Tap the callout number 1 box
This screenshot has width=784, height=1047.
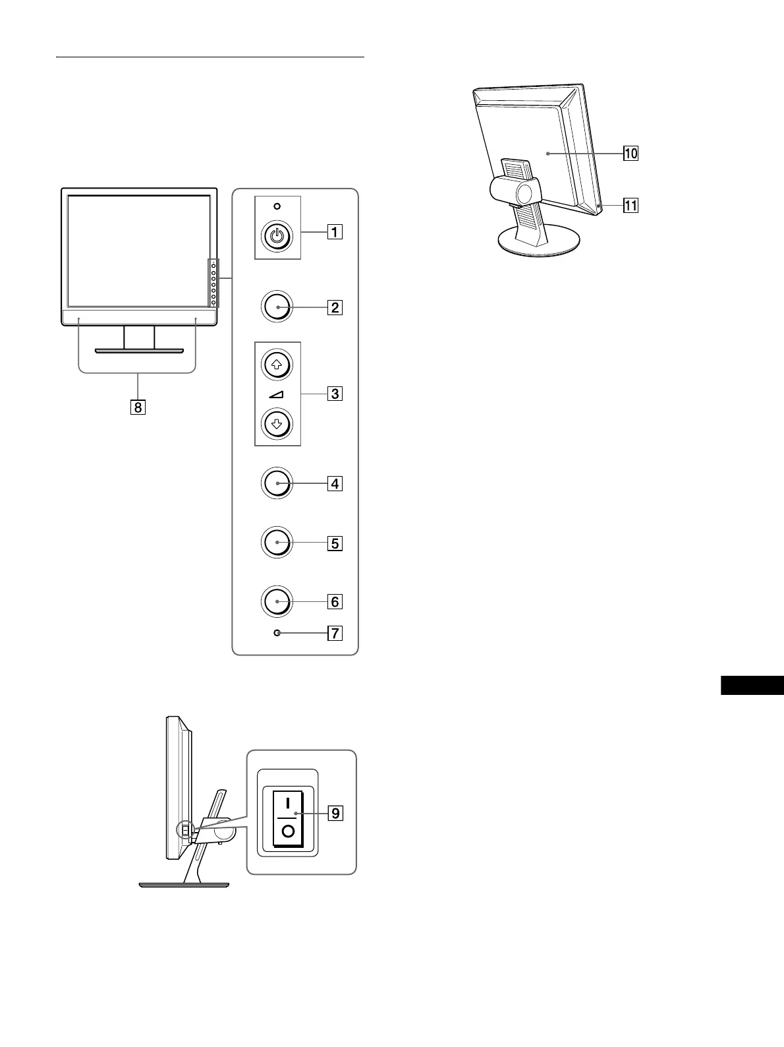tap(335, 232)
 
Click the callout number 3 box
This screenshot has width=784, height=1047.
tap(335, 394)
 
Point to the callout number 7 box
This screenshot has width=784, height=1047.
tap(335, 634)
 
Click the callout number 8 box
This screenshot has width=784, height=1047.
tap(138, 407)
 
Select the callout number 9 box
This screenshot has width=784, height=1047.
tap(335, 813)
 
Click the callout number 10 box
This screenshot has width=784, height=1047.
tap(630, 154)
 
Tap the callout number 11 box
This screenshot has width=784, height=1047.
tap(630, 206)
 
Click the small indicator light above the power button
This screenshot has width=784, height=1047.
tap(277, 206)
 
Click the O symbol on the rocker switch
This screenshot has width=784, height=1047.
tap(288, 830)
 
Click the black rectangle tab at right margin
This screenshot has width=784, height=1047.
tap(752, 685)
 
